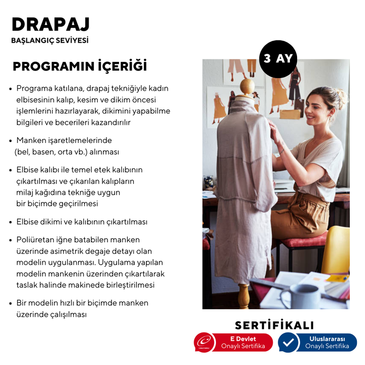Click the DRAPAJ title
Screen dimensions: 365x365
point(50,24)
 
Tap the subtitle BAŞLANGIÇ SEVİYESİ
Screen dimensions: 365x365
point(50,41)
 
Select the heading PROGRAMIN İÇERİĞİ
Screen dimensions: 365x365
point(80,66)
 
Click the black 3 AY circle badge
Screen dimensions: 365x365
point(278,59)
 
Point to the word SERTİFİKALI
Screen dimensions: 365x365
point(274,325)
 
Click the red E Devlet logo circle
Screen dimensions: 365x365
point(205,342)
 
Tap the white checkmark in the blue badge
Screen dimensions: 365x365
point(288,342)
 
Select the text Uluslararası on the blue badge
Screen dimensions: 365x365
point(327,338)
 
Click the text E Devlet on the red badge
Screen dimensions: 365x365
point(243,338)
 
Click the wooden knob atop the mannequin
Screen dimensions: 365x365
point(246,86)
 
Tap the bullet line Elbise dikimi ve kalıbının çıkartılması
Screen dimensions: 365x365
point(82,222)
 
